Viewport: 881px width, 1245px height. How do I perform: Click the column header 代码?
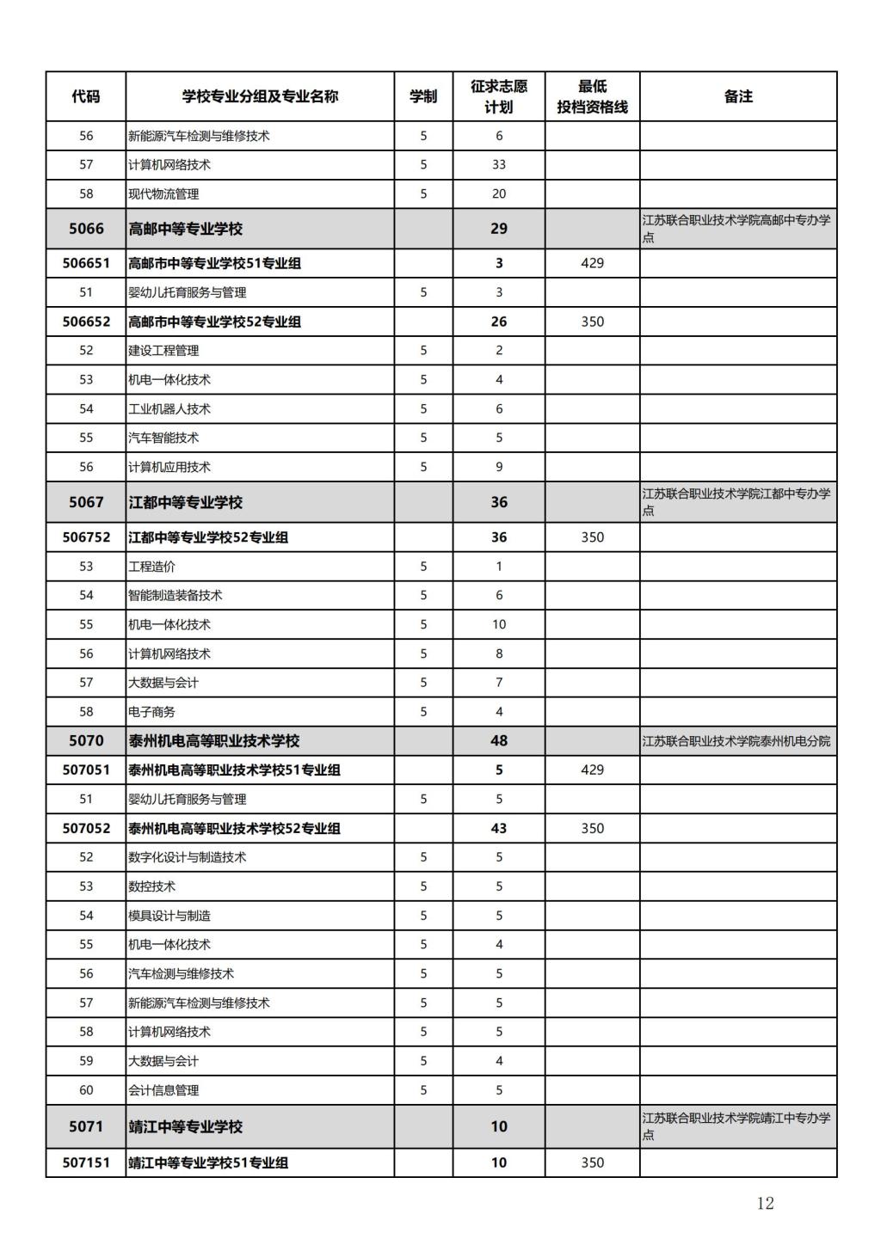(x=86, y=96)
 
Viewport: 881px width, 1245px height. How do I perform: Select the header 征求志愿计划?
(x=499, y=96)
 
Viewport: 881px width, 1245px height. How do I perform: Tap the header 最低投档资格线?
(x=592, y=96)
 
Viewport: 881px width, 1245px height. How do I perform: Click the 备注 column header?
(x=738, y=96)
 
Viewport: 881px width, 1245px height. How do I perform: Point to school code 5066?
(x=86, y=229)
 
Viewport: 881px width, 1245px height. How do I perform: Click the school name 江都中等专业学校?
(x=186, y=502)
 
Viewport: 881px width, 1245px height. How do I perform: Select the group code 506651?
(x=86, y=263)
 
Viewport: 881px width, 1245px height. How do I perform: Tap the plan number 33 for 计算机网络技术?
(x=499, y=164)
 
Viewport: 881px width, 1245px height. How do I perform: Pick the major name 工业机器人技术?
(x=169, y=408)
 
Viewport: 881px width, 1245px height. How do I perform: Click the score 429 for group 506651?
(x=592, y=263)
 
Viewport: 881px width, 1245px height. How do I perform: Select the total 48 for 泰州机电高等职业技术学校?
(x=499, y=740)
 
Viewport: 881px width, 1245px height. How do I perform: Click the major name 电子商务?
(x=151, y=711)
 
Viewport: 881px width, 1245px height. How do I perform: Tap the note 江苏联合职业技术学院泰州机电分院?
(x=736, y=740)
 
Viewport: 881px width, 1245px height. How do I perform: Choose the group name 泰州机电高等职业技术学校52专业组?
(x=234, y=828)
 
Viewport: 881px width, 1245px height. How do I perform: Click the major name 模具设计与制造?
(x=169, y=915)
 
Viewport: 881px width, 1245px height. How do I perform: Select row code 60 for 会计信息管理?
(x=86, y=1089)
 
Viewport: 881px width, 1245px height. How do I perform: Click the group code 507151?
(x=86, y=1162)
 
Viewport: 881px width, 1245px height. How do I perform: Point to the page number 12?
(x=765, y=1203)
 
